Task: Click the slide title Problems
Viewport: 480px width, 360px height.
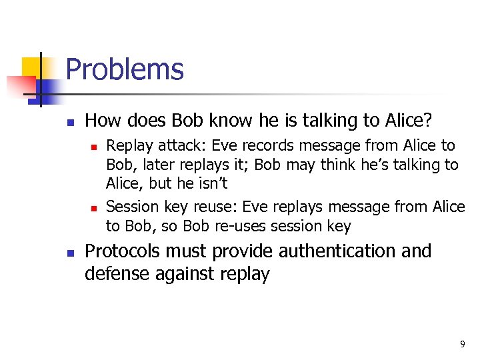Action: click(x=125, y=69)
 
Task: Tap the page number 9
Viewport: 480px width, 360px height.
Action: click(x=462, y=344)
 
